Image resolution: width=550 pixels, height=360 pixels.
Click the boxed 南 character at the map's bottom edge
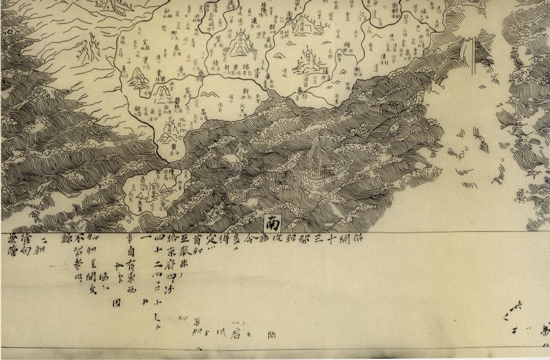coord(273,222)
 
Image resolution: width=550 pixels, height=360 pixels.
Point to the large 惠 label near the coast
coord(300,91)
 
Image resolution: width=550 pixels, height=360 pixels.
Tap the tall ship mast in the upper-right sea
coord(471,54)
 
